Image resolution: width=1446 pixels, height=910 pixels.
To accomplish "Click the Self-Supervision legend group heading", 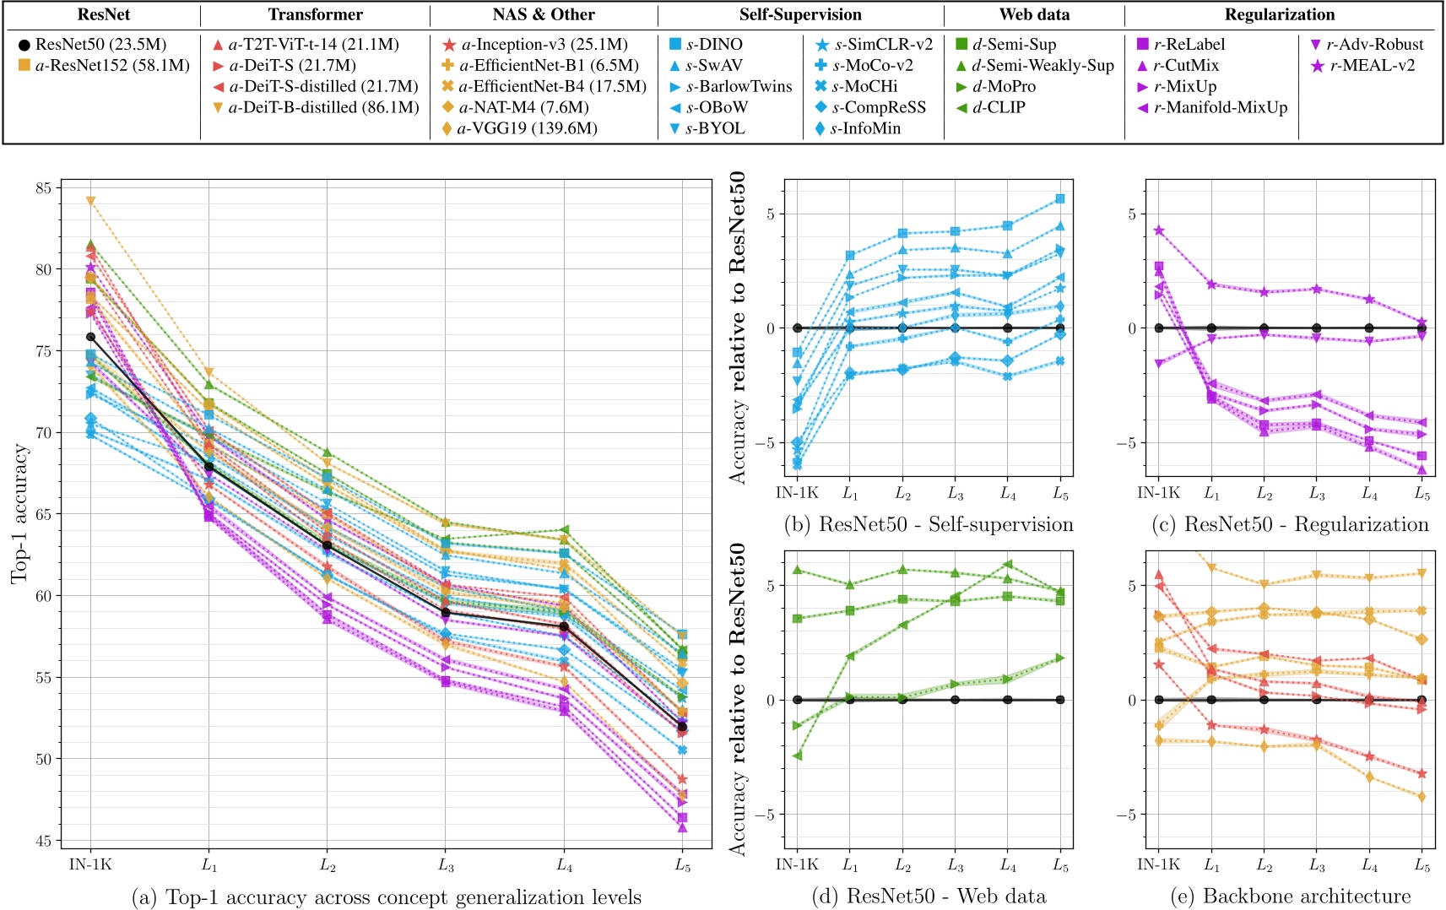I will point(800,14).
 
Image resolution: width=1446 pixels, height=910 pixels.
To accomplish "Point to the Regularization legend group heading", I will point(1280,14).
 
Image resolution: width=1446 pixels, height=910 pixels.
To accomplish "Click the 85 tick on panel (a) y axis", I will point(44,187).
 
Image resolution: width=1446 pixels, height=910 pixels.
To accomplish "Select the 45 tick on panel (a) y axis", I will point(44,841).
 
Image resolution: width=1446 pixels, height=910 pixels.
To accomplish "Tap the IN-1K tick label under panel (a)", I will point(90,865).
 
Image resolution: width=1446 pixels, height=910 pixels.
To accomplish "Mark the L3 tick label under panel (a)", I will point(446,865).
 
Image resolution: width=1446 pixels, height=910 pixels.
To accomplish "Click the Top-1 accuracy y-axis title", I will point(20,513).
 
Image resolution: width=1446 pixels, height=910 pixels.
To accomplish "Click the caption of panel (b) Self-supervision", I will point(929,525).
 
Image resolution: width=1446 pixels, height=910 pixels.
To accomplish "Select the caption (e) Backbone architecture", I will point(1290,896).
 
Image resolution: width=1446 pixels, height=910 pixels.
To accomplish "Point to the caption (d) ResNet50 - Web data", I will point(929,896).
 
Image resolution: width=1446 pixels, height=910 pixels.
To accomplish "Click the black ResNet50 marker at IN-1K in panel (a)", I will point(91,337).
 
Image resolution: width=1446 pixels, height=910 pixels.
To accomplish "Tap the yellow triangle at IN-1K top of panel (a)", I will point(91,201).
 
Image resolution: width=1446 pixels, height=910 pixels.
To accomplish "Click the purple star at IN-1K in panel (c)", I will point(1159,230).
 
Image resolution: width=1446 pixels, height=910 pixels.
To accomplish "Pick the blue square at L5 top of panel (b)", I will point(1060,198).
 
